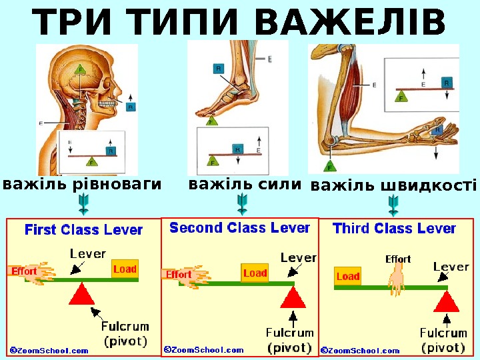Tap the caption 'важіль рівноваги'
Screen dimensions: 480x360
click(83, 183)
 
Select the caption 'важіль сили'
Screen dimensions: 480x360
click(245, 183)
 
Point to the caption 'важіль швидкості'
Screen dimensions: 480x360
click(394, 185)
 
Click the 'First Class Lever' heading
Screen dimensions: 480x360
click(84, 230)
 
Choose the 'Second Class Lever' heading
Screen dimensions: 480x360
click(240, 228)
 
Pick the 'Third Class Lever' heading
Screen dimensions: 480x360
click(394, 229)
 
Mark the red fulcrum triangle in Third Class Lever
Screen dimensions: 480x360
click(447, 301)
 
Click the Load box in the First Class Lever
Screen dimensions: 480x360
click(125, 269)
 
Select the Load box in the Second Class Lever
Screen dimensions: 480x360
click(255, 273)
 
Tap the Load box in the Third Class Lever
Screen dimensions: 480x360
click(347, 276)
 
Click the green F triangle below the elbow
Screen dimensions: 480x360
click(329, 166)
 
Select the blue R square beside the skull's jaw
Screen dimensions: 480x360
click(131, 107)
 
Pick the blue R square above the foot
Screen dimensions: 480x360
click(219, 68)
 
